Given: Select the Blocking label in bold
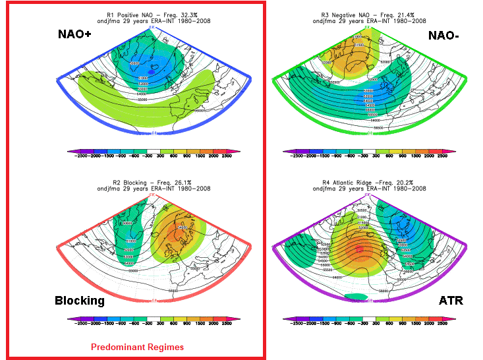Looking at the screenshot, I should tap(80, 301).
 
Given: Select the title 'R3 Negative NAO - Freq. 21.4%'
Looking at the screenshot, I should tap(369, 15).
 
